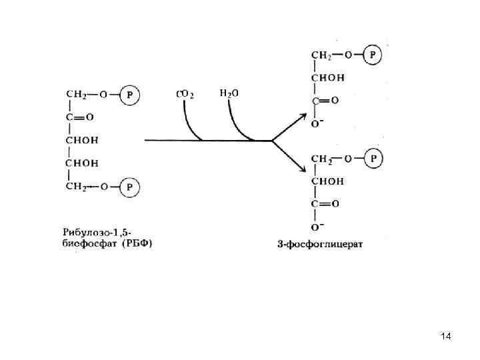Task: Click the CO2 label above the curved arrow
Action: coord(185,94)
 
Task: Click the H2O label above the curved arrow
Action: coord(229,93)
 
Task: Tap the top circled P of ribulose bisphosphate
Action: coord(129,95)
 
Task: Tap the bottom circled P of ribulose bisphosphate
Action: coord(129,188)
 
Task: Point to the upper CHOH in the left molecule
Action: coord(82,141)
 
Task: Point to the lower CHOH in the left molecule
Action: coord(82,163)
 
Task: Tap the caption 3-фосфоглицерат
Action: coord(320,244)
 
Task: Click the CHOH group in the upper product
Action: coord(328,78)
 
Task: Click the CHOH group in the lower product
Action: coord(328,181)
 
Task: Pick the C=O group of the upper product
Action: coord(325,101)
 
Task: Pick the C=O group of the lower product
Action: coord(325,203)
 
